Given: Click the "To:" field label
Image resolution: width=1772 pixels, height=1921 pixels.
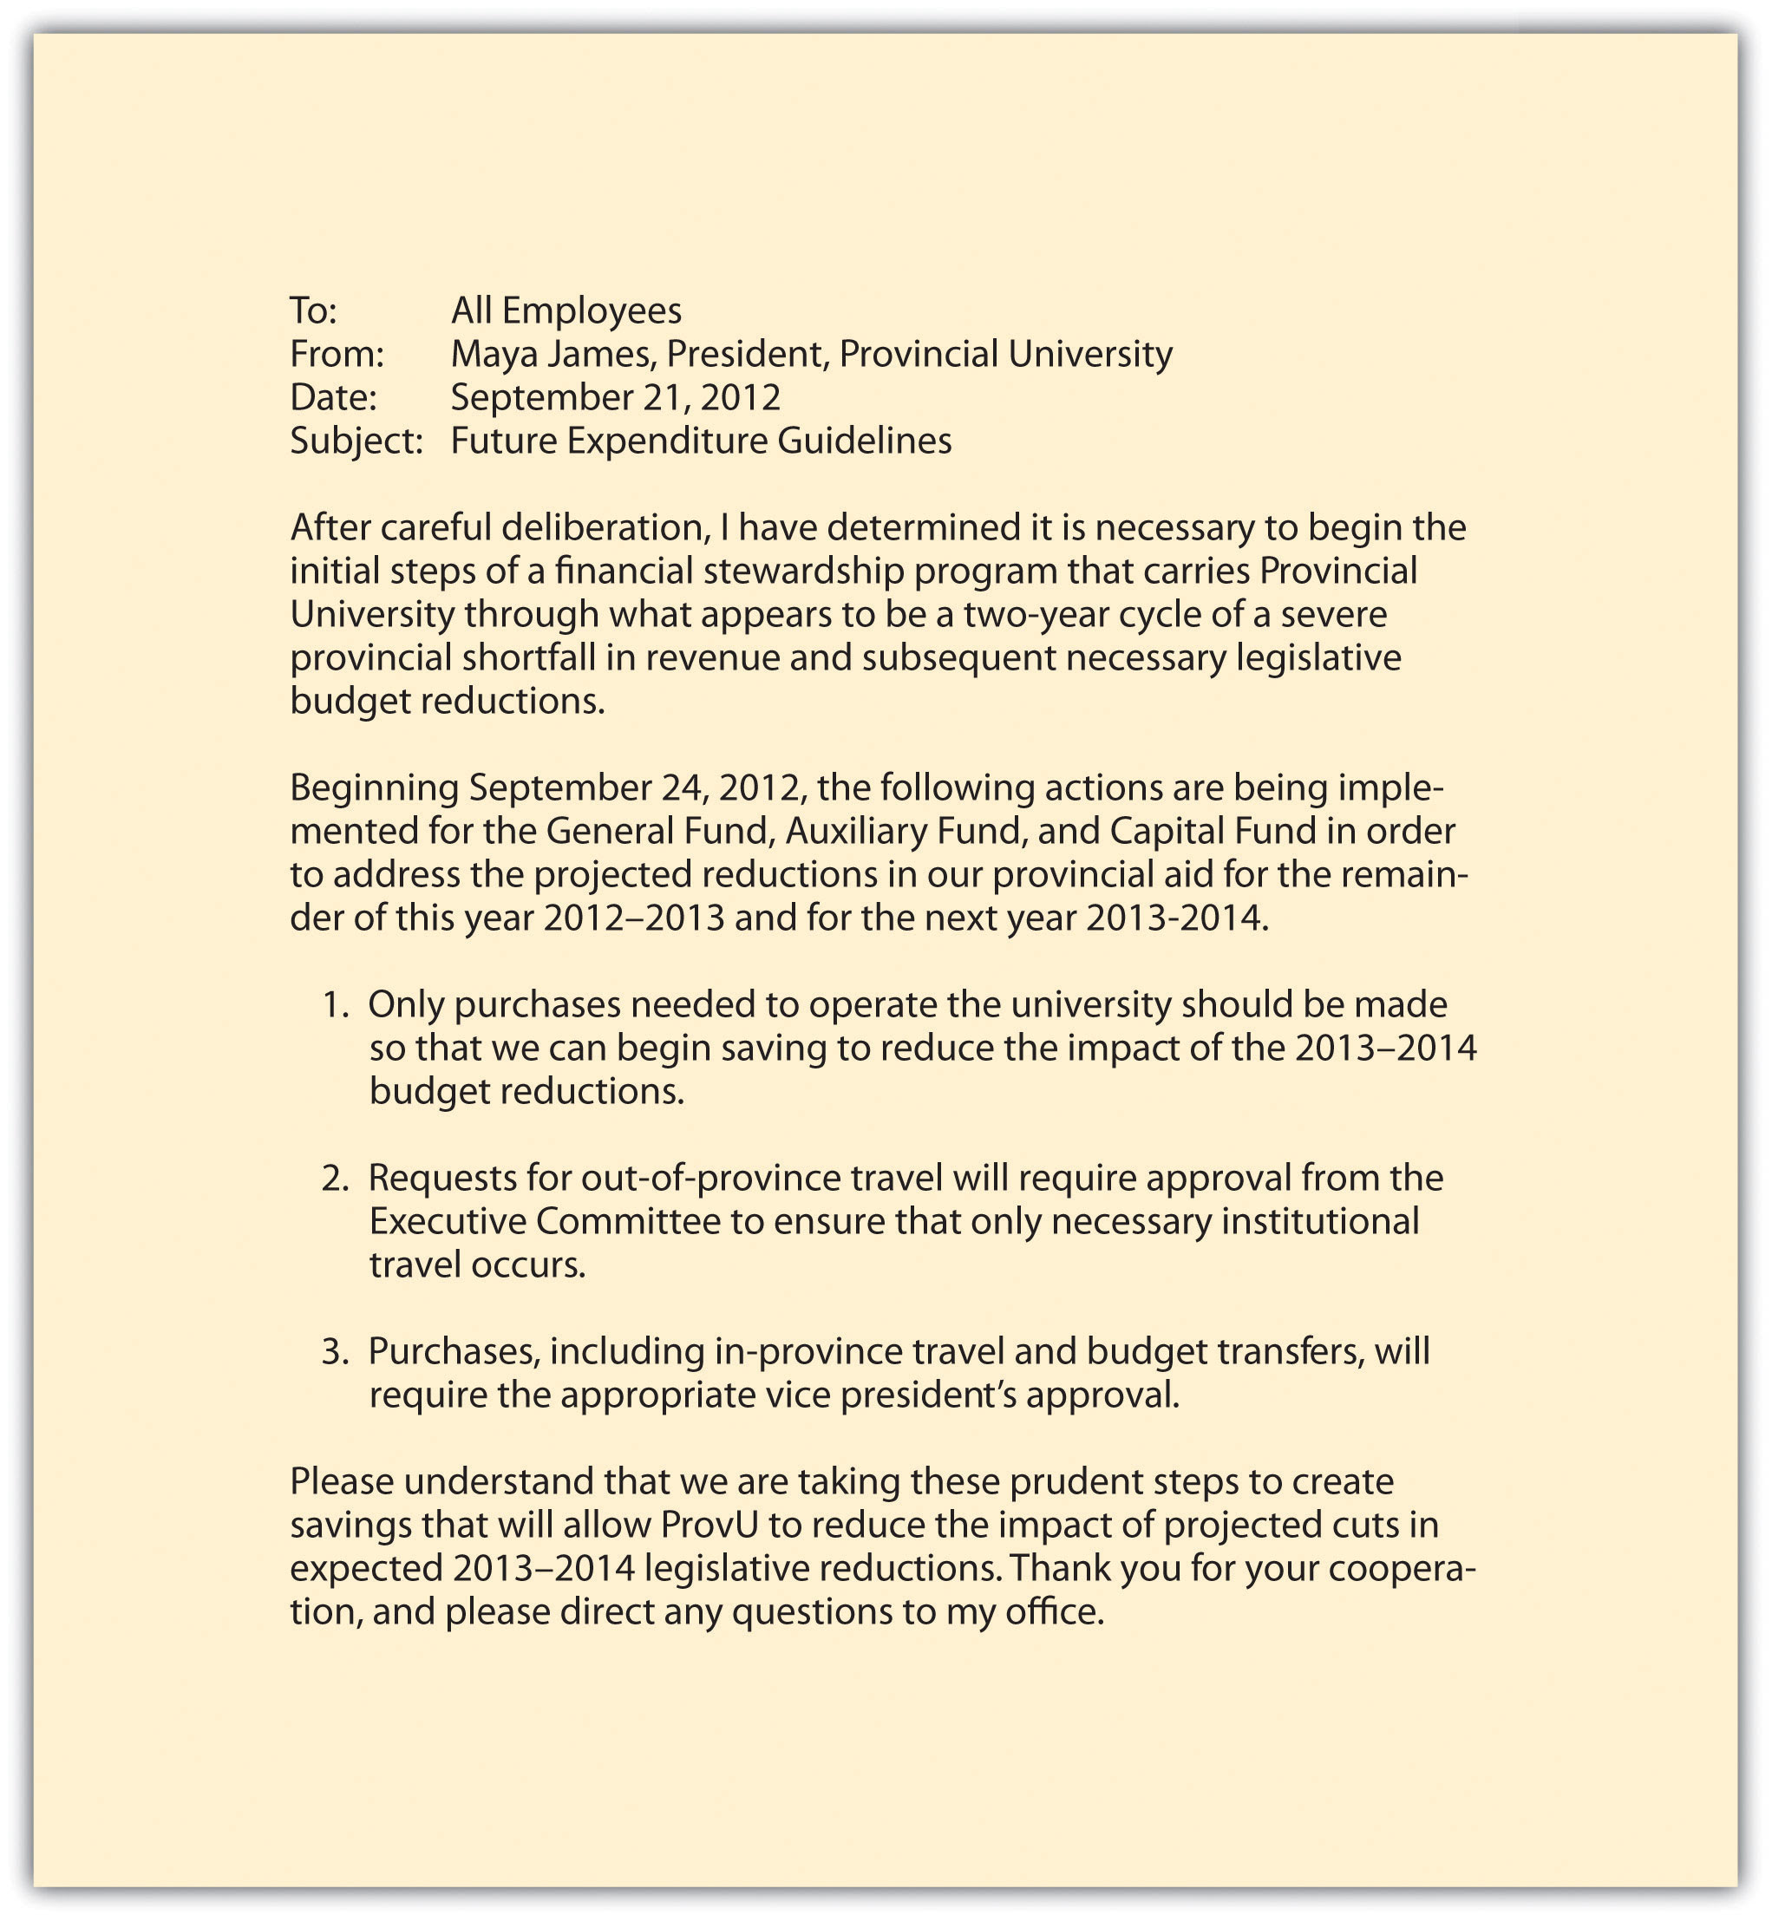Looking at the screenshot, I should pyautogui.click(x=314, y=310).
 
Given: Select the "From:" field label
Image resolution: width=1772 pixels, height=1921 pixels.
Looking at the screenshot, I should pyautogui.click(x=337, y=354).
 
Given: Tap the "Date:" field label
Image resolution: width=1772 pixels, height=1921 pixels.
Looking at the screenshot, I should pyautogui.click(x=333, y=397).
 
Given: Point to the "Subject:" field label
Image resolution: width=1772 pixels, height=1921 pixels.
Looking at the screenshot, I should pyautogui.click(x=356, y=441).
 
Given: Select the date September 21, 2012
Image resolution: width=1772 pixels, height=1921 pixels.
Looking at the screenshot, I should pyautogui.click(x=616, y=397).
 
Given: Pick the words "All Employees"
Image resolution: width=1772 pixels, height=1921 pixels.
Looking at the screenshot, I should pyautogui.click(x=566, y=310).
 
